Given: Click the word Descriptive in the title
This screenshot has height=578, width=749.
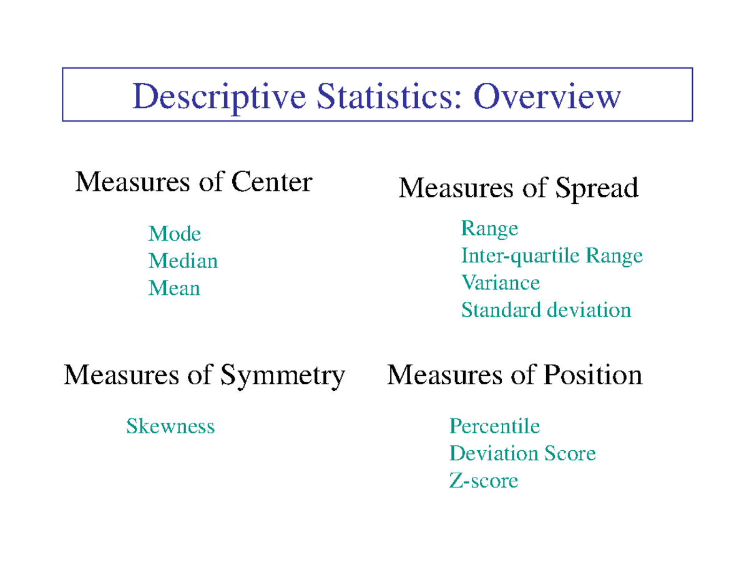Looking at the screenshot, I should pos(220,97).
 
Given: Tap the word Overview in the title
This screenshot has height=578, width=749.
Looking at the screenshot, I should pos(547,97).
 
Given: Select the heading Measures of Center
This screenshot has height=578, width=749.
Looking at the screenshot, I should pos(193,182).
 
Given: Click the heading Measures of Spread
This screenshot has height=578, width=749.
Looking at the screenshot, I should pos(518,188).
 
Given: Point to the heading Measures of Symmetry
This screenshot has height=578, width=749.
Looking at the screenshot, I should pos(204,375).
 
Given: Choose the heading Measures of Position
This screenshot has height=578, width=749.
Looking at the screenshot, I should pos(515,375).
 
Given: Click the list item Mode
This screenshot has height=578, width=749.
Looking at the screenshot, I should pos(175,234).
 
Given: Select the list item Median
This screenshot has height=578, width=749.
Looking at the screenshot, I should pos(183,261).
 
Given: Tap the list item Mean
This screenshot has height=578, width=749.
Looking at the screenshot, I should pos(174,288).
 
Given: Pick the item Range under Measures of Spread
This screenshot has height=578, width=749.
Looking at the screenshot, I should pos(489,229).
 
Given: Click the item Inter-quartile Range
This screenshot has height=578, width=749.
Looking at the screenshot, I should pos(552,256).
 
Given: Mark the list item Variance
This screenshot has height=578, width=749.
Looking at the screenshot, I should pos(501,283).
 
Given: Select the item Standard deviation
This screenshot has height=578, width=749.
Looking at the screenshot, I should pos(546,310).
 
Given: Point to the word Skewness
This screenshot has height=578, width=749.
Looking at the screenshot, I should pos(170,426).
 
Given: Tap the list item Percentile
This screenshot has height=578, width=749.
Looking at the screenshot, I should pos(494,426).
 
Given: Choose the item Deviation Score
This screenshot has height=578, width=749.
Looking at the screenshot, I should pos(522,453).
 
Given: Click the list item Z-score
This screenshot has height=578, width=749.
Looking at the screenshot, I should pos(484,481).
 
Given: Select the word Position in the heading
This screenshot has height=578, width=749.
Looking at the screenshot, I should pos(593,375).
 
